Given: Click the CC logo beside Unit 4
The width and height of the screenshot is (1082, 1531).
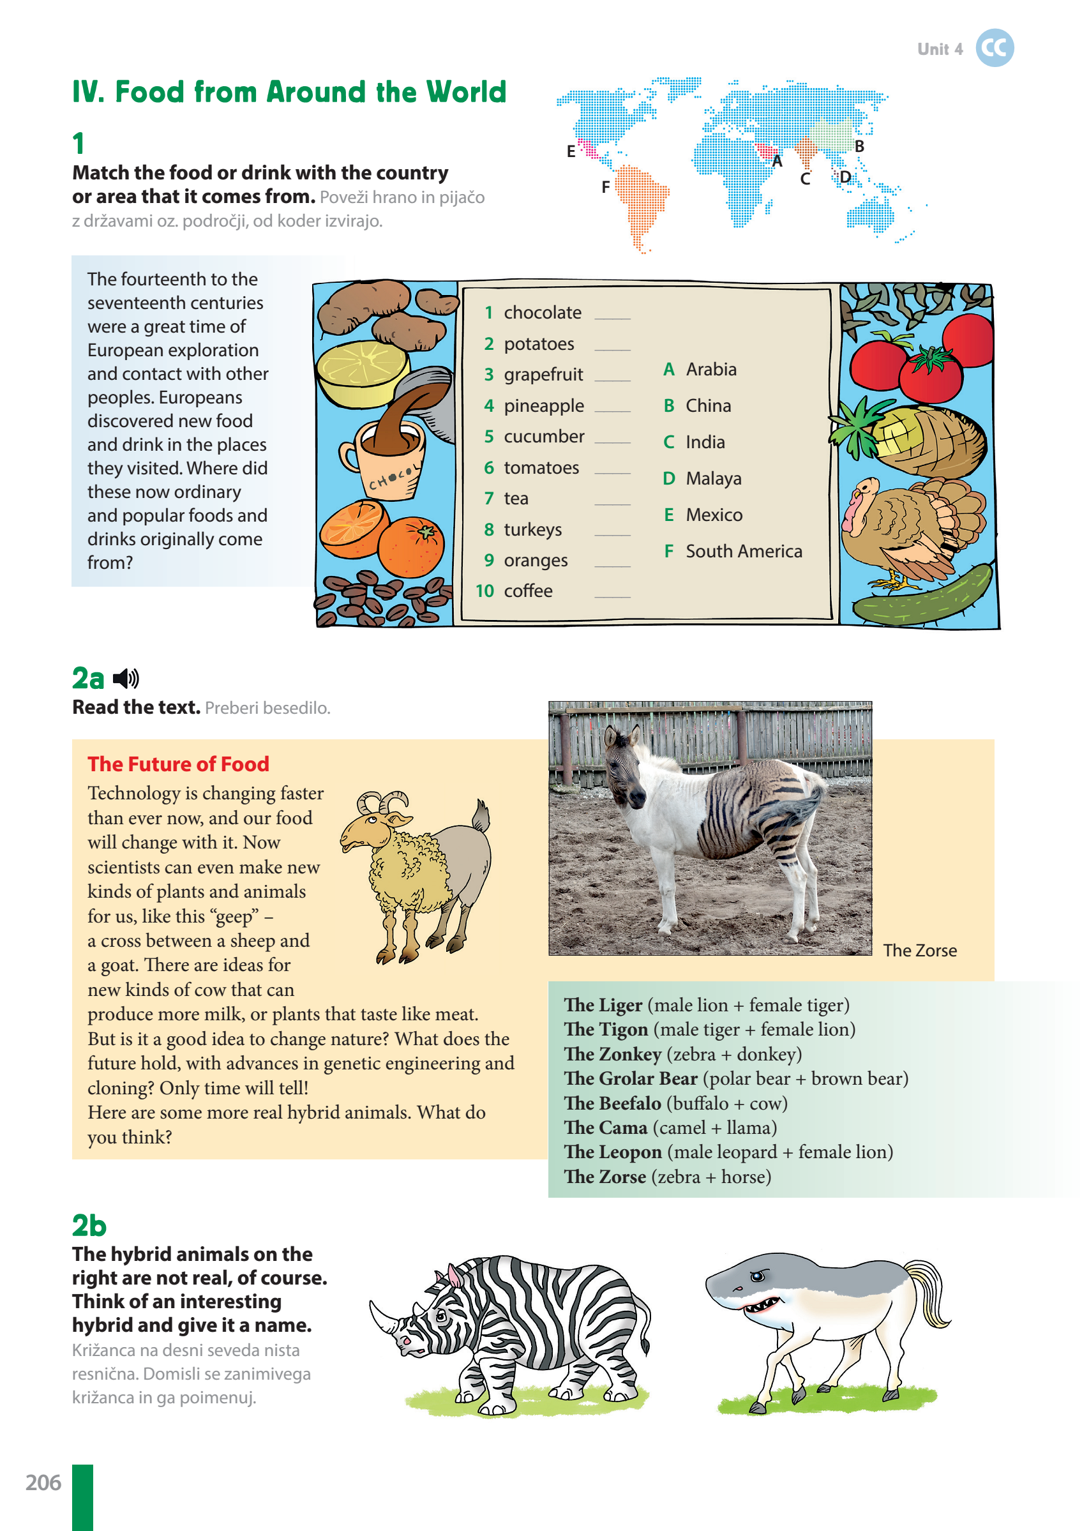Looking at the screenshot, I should [994, 48].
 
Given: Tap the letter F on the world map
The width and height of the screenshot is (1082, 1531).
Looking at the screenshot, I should [605, 187].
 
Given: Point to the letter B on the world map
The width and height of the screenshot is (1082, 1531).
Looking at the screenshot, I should [859, 146].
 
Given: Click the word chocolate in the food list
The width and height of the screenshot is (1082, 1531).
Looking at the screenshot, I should [542, 313].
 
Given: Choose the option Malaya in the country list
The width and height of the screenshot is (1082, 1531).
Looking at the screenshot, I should [712, 479].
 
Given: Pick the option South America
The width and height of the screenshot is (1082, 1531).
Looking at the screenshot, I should [743, 552].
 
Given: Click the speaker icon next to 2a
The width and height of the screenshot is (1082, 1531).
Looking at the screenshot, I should [126, 679].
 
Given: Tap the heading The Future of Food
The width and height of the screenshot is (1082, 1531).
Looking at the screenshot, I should [178, 764].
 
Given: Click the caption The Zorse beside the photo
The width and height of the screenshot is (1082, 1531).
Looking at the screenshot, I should [919, 951].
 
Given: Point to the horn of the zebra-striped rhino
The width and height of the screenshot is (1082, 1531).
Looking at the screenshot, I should [384, 1318].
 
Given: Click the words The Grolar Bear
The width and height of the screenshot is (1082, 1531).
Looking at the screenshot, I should [631, 1079].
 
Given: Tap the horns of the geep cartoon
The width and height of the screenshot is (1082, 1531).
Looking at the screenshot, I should [384, 801].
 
